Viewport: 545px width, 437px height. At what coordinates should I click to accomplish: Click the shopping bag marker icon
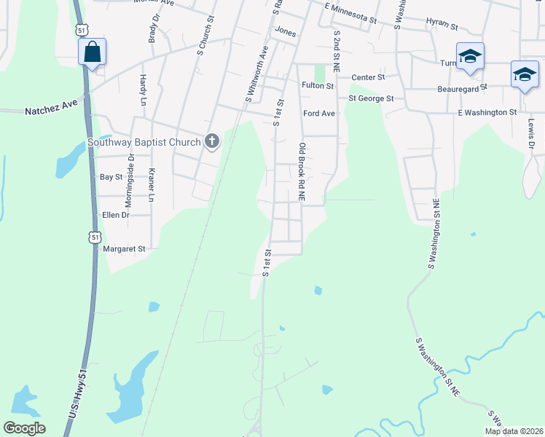(92, 52)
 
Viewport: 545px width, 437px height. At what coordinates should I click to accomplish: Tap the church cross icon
(212, 141)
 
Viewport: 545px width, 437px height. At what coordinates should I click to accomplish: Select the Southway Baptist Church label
(144, 142)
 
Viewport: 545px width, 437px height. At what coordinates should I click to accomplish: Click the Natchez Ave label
(51, 108)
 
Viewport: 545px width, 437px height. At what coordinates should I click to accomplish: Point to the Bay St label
(111, 177)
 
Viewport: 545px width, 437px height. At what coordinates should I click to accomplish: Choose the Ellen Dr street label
(116, 215)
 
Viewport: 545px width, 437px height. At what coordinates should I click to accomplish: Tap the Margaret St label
(125, 248)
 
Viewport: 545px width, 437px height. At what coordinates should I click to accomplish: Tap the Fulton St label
(318, 85)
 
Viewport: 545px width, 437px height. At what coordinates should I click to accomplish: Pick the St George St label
(371, 98)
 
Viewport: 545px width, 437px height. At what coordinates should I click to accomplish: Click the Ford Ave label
(319, 114)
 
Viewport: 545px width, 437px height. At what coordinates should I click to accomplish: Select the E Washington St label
(487, 112)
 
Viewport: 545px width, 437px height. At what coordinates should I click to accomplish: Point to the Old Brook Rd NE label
(301, 172)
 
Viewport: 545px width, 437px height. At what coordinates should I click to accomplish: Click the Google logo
(24, 428)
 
